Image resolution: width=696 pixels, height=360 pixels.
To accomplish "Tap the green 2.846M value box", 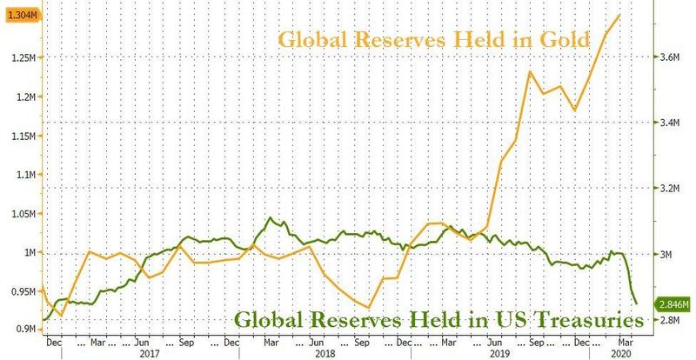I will tap(675, 304).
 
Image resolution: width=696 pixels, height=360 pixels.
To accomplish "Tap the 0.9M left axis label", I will tap(23, 330).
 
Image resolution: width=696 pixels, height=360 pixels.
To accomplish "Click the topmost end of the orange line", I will tap(619, 14).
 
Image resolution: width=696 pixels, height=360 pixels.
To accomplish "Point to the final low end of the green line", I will tap(637, 303).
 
